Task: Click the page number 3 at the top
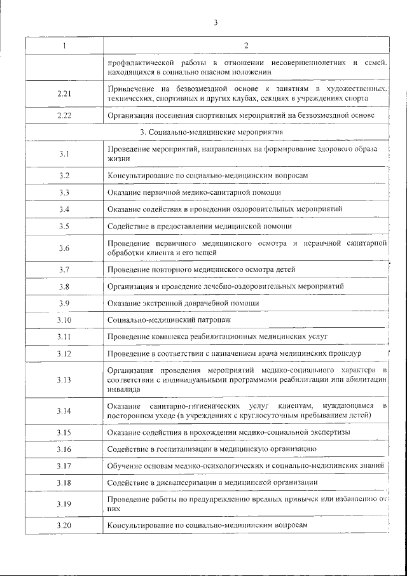(x=216, y=23)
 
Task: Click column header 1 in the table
(x=64, y=45)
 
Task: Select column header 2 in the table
(x=246, y=45)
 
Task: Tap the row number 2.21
(x=64, y=94)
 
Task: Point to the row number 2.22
(x=64, y=115)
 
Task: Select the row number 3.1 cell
(x=64, y=153)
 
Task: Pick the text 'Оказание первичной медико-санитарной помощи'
(x=194, y=192)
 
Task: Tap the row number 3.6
(x=64, y=248)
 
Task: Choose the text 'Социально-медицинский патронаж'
(x=169, y=320)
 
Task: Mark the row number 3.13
(x=64, y=380)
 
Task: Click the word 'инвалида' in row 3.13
(x=121, y=390)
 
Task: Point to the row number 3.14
(x=64, y=411)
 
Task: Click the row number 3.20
(x=64, y=526)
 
